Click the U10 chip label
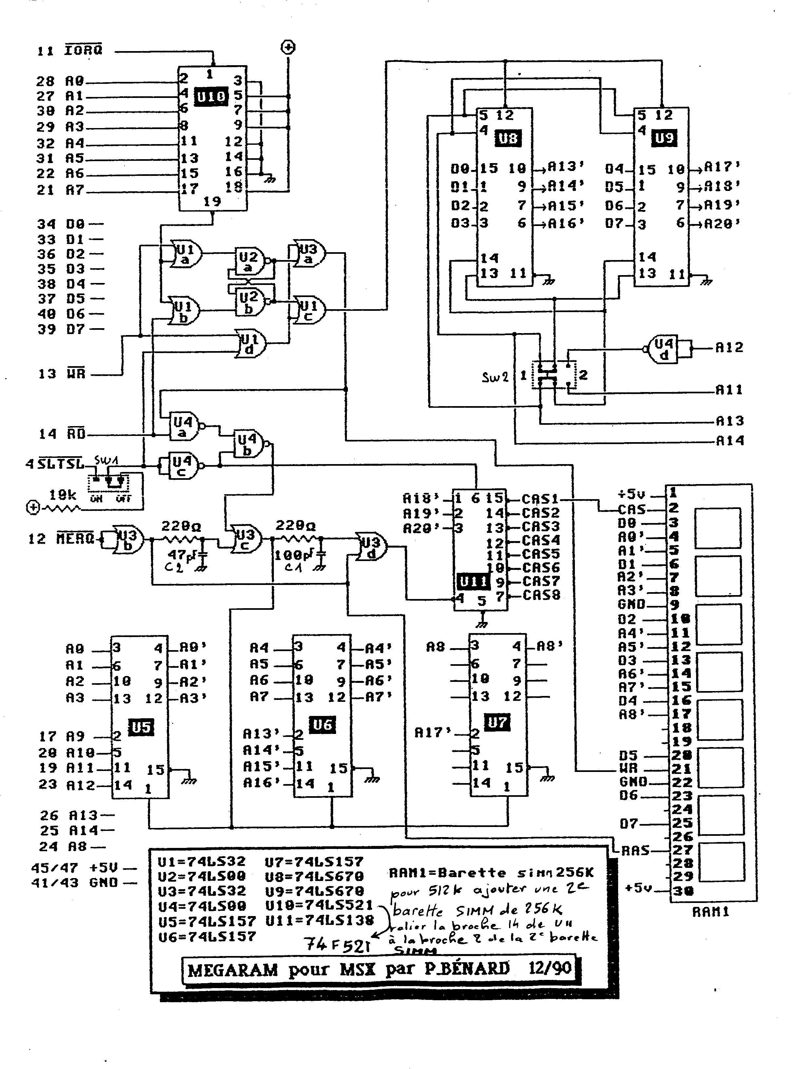click(x=211, y=97)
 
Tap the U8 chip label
click(x=507, y=139)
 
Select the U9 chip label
click(x=664, y=139)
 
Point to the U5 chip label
click(x=141, y=727)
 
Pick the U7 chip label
click(x=497, y=722)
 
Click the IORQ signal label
click(x=83, y=50)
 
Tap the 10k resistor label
click(x=63, y=495)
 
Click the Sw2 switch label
click(x=495, y=377)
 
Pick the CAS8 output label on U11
click(x=541, y=595)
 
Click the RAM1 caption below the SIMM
click(x=711, y=912)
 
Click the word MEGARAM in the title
click(x=232, y=969)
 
